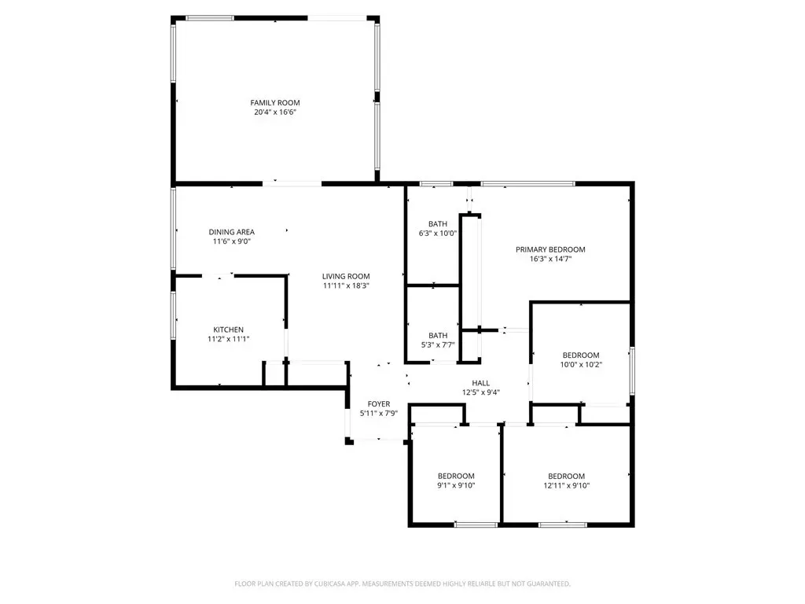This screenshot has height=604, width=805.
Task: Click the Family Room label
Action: pyautogui.click(x=274, y=103)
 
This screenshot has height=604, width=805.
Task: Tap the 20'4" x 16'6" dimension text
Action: pyautogui.click(x=275, y=112)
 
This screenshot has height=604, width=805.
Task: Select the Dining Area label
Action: pyautogui.click(x=232, y=232)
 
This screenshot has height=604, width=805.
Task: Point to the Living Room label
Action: pyautogui.click(x=346, y=276)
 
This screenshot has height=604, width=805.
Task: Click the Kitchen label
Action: pyautogui.click(x=229, y=330)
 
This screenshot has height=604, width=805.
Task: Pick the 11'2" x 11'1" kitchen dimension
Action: pyautogui.click(x=229, y=339)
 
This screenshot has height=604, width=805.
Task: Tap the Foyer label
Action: pyautogui.click(x=379, y=404)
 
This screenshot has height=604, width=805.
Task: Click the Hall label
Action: pyautogui.click(x=480, y=383)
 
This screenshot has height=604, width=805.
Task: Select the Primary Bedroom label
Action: pyautogui.click(x=550, y=249)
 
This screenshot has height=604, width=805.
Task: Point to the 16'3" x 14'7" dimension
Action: pyautogui.click(x=550, y=259)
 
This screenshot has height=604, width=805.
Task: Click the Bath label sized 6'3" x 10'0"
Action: pyautogui.click(x=438, y=224)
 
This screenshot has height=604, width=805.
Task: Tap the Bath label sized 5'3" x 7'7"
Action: pyautogui.click(x=438, y=335)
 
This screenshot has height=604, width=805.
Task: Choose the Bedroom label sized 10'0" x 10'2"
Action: pyautogui.click(x=581, y=355)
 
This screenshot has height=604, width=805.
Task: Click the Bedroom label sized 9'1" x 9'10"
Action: pyautogui.click(x=456, y=476)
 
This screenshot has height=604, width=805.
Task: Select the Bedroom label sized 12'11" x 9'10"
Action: pyautogui.click(x=566, y=476)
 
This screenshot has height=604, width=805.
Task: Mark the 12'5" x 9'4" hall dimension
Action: pyautogui.click(x=480, y=392)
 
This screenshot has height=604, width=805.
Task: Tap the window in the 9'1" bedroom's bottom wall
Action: pyautogui.click(x=476, y=525)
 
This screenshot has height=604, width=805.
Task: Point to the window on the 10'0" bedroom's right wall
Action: pyautogui.click(x=633, y=371)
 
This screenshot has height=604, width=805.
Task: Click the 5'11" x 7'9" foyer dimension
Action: pyautogui.click(x=379, y=414)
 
